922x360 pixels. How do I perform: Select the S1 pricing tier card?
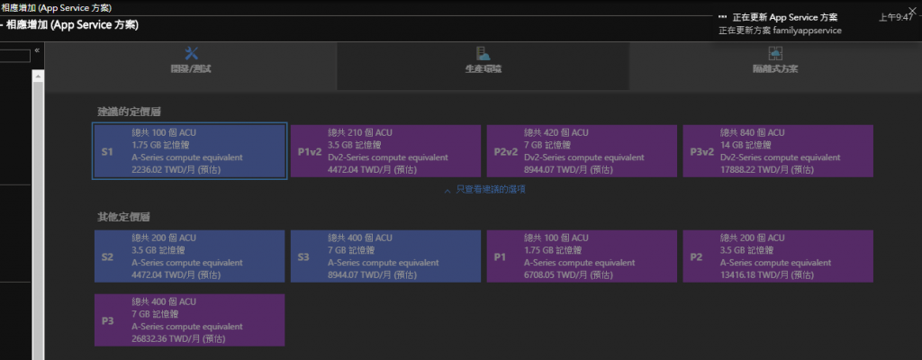point(190,151)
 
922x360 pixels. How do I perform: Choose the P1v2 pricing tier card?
point(385,151)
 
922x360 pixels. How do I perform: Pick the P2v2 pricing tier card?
point(582,151)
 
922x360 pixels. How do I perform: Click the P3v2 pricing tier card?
point(778,151)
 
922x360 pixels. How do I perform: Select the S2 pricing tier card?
point(190,256)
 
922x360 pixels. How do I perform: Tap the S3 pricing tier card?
point(385,256)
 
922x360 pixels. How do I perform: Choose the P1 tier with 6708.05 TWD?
point(582,256)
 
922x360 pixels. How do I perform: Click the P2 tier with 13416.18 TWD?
point(778,256)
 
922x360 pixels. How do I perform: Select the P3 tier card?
point(190,319)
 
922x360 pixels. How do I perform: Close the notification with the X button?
point(911,12)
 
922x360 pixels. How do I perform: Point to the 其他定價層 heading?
point(123,217)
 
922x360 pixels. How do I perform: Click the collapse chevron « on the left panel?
point(37,50)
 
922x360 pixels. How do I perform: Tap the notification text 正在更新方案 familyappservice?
point(780,30)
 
